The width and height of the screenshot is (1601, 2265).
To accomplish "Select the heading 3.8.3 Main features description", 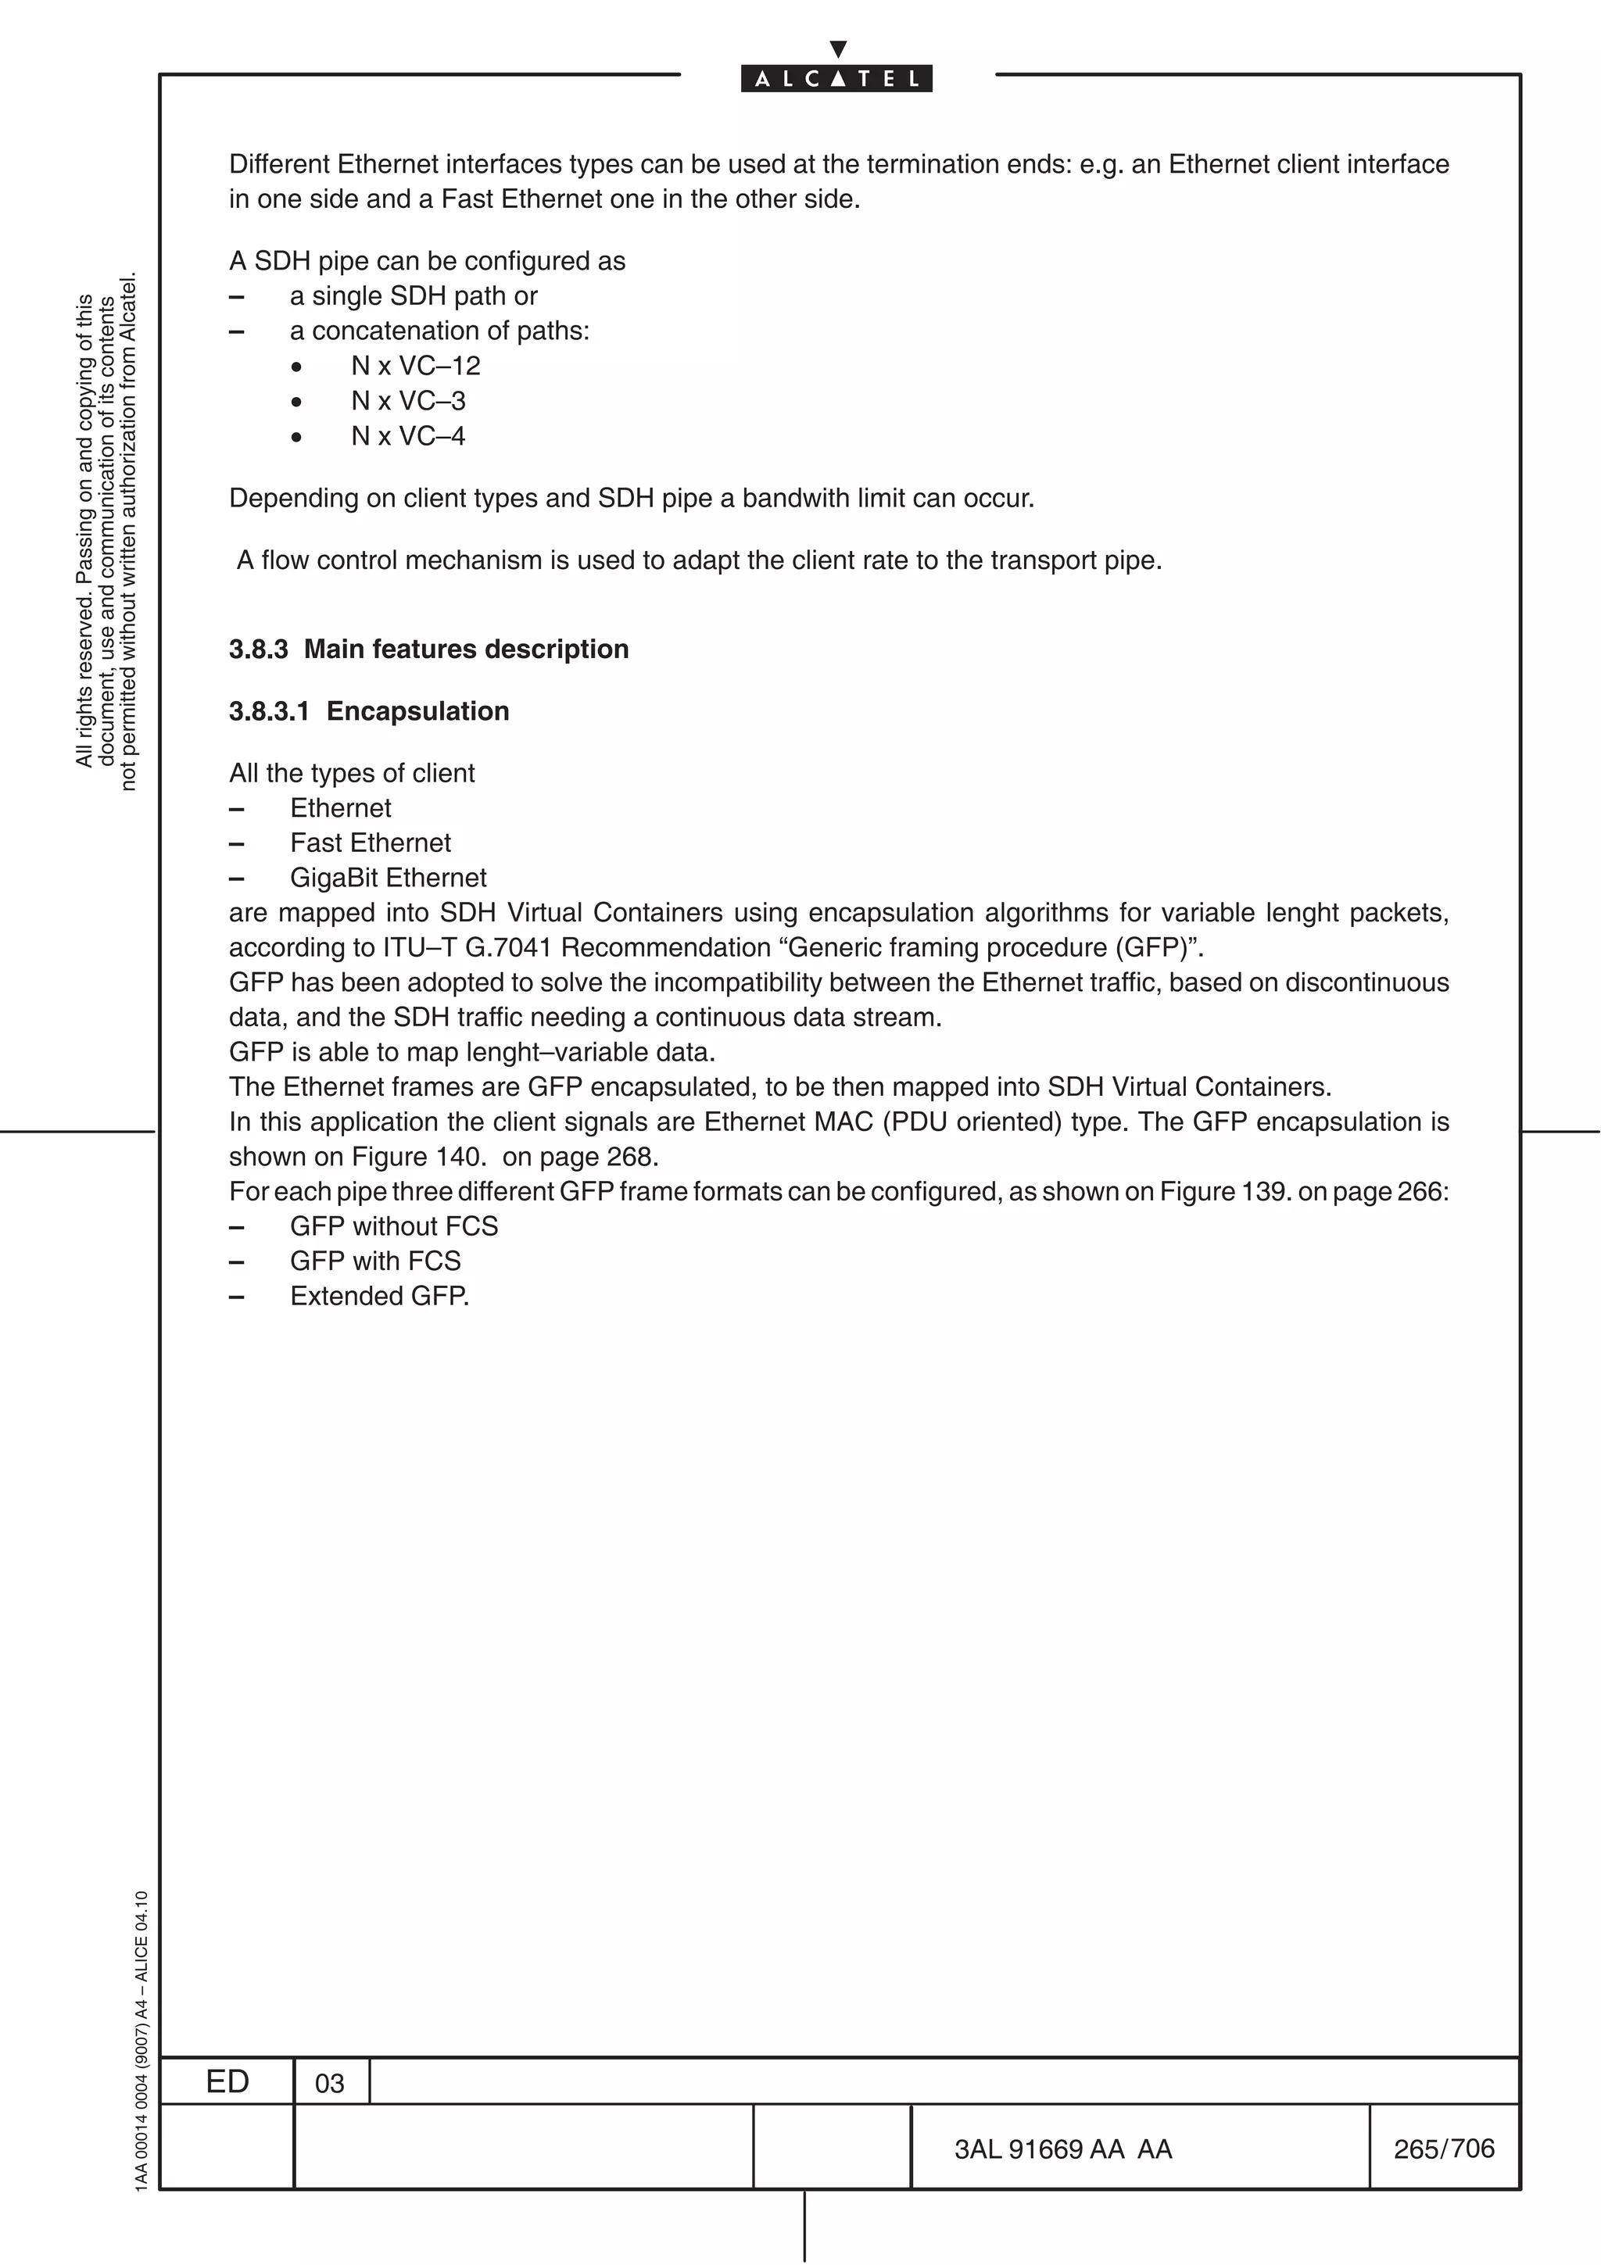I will (428, 649).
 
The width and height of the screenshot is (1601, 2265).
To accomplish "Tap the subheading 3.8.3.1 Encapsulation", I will (369, 711).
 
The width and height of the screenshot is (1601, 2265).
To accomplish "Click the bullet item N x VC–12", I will (415, 366).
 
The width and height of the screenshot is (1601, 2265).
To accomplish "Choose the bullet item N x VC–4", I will (407, 436).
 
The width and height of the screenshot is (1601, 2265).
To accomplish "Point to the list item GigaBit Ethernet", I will (388, 878).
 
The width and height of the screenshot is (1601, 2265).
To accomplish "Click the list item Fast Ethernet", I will (370, 843).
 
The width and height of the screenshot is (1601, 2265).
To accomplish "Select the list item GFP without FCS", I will (393, 1226).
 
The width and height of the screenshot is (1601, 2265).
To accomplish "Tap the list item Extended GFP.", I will (379, 1297).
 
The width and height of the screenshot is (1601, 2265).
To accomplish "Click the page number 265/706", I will (1443, 2149).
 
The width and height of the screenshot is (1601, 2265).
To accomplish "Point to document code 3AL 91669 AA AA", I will (1062, 2149).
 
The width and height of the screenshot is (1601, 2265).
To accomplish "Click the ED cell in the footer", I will (227, 2081).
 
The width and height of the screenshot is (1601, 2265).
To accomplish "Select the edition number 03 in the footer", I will (329, 2084).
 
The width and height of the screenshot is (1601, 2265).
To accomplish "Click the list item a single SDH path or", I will (414, 296).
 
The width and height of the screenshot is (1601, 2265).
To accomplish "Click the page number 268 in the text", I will (629, 1158).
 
